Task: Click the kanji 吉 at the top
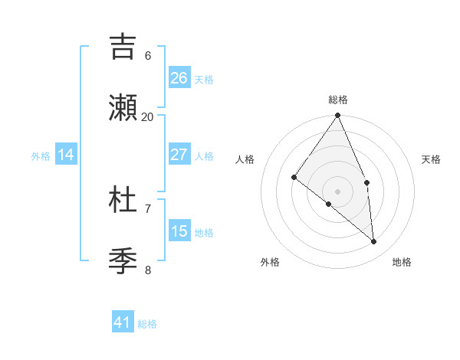tap(123, 47)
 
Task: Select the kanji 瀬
tap(123, 107)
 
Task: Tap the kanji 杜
tap(123, 200)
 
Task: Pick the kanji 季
tap(123, 260)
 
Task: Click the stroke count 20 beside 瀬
tap(148, 116)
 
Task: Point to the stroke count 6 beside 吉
tap(148, 56)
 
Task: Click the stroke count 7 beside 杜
tap(148, 208)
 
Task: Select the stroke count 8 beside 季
tap(148, 270)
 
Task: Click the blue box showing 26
tap(179, 78)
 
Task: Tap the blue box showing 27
tap(179, 155)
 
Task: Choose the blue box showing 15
tap(179, 231)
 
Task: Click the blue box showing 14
tap(66, 155)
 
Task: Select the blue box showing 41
tap(123, 322)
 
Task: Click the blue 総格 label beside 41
tap(147, 324)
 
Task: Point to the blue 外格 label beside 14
tap(41, 156)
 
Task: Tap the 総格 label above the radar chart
tap(338, 100)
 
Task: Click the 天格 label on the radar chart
tap(432, 159)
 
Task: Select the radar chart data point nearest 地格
tap(373, 241)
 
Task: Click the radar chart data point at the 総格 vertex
tap(338, 116)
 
